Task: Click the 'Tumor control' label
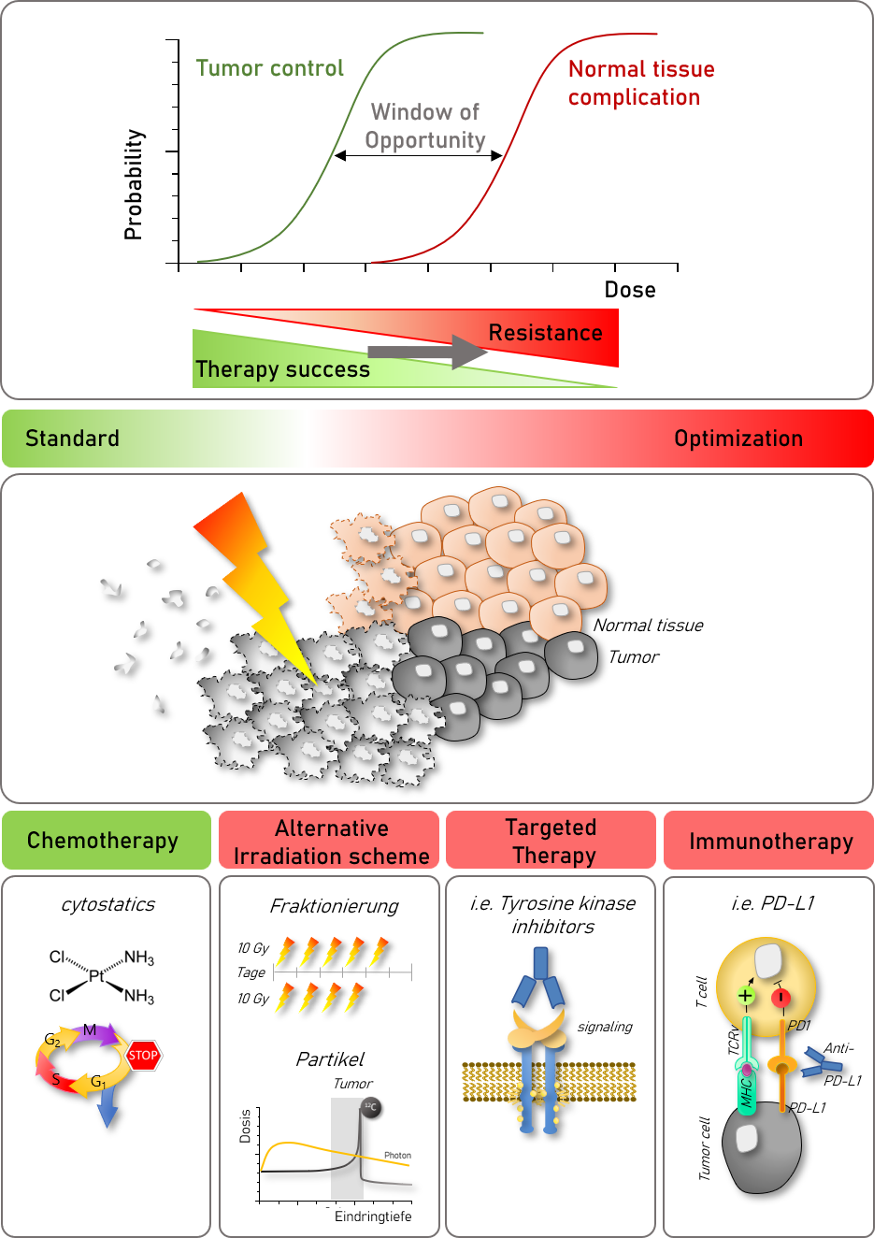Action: tap(270, 68)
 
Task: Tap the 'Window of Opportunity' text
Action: tap(425, 126)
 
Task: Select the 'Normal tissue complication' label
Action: tap(640, 83)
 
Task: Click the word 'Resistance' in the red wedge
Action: tap(545, 333)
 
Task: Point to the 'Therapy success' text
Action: tap(282, 369)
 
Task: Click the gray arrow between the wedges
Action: tap(426, 352)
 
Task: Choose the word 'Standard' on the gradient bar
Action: tap(72, 439)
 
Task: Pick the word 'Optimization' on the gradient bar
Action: tap(738, 439)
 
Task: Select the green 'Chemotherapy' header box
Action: tap(106, 841)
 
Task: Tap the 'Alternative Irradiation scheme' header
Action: tap(329, 842)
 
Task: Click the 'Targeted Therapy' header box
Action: tap(551, 841)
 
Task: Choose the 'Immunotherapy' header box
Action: tap(769, 841)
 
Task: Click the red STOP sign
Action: tap(143, 1056)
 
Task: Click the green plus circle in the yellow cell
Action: tap(746, 996)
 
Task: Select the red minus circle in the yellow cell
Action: tap(781, 998)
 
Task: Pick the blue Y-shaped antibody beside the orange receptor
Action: tap(821, 1062)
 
